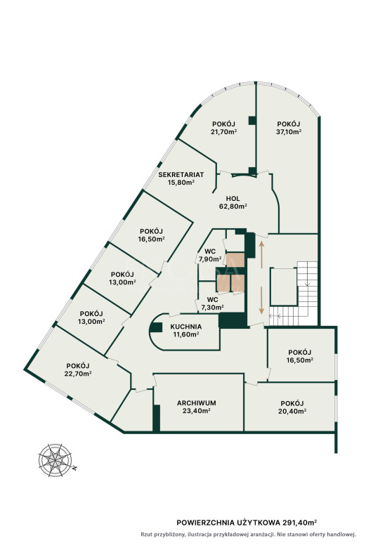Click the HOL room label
pyautogui.click(x=233, y=199)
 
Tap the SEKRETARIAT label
pyautogui.click(x=181, y=174)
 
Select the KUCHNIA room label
pyautogui.click(x=186, y=327)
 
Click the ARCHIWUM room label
pyautogui.click(x=196, y=403)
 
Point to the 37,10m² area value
pyautogui.click(x=289, y=132)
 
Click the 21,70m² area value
pyautogui.click(x=223, y=132)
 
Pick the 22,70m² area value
pyautogui.click(x=78, y=374)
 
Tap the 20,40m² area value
pyautogui.click(x=292, y=411)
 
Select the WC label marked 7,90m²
pyautogui.click(x=210, y=251)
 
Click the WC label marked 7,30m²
pyautogui.click(x=213, y=300)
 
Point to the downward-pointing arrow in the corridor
pyautogui.click(x=262, y=300)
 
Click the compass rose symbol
pyautogui.click(x=55, y=460)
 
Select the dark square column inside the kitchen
pyautogui.click(x=156, y=327)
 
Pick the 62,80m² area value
pyautogui.click(x=233, y=207)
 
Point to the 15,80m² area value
pyautogui.click(x=181, y=182)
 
